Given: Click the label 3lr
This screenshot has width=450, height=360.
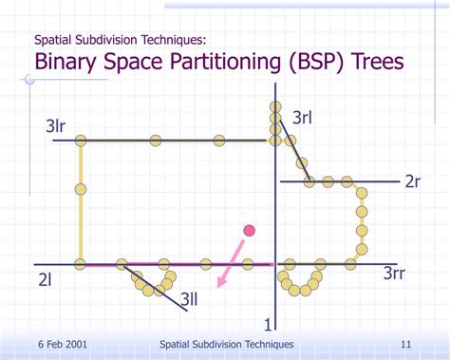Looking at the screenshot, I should click(x=58, y=126).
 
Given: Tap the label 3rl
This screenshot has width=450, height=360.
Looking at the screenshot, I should click(x=303, y=118).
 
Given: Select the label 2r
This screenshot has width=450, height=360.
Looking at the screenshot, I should click(x=412, y=181).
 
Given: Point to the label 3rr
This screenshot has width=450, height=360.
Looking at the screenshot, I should click(x=395, y=274).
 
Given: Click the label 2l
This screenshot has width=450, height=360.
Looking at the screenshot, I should click(x=47, y=279).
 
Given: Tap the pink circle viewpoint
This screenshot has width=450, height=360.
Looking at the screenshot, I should click(x=250, y=230).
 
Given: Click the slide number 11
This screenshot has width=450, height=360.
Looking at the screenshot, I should click(x=405, y=343).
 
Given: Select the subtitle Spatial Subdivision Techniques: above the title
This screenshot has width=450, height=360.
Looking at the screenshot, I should click(x=120, y=40).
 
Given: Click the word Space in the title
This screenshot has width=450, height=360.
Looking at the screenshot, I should click(x=127, y=63).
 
